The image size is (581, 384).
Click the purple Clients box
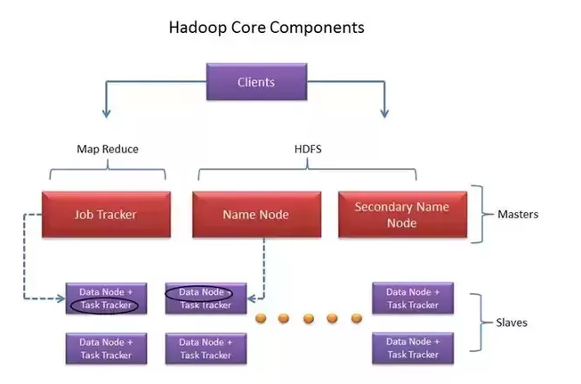tap(256, 83)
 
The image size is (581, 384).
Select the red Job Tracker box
tap(105, 214)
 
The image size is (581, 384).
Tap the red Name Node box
tap(256, 214)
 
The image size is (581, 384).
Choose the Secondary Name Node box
tap(402, 214)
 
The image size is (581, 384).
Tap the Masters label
tap(518, 215)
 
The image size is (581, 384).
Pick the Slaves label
tap(512, 323)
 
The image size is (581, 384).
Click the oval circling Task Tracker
tap(104, 306)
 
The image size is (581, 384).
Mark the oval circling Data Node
tap(199, 292)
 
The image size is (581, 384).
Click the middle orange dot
tap(308, 318)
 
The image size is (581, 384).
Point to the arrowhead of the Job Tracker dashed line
tap(61, 298)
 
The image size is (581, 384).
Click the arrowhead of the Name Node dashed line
tap(251, 298)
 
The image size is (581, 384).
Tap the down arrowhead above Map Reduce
tap(106, 113)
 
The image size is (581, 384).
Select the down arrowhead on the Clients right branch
tap(384, 113)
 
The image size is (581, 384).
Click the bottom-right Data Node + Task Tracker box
tap(412, 347)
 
